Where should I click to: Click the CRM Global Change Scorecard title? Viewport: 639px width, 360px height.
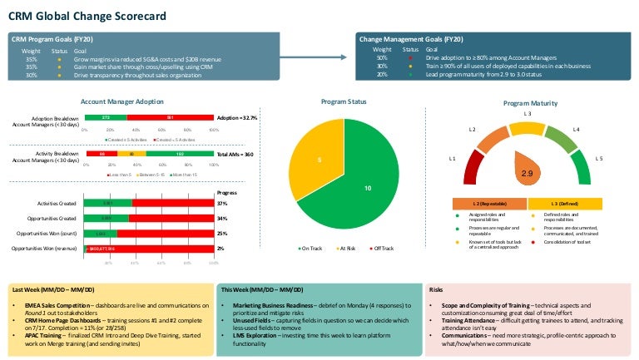click(x=87, y=16)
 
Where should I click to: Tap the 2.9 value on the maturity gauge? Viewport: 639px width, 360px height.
click(x=526, y=174)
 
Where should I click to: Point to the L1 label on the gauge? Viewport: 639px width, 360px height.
click(x=453, y=158)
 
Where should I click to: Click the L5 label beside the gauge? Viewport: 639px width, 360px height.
click(x=599, y=158)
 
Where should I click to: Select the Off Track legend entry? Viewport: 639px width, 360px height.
click(x=383, y=249)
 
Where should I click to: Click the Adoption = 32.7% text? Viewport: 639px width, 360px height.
click(x=237, y=118)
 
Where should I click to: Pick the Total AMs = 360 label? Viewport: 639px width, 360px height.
click(x=236, y=155)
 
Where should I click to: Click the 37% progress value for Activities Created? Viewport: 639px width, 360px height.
click(x=222, y=203)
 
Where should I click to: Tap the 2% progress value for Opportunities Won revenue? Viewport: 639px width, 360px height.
click(x=221, y=248)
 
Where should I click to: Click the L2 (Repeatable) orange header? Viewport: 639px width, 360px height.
click(x=488, y=204)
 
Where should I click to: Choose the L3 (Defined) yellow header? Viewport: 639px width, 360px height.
click(x=565, y=204)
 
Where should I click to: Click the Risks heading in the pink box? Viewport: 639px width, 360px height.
click(x=436, y=289)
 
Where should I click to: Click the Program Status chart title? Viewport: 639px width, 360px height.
click(x=344, y=101)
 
